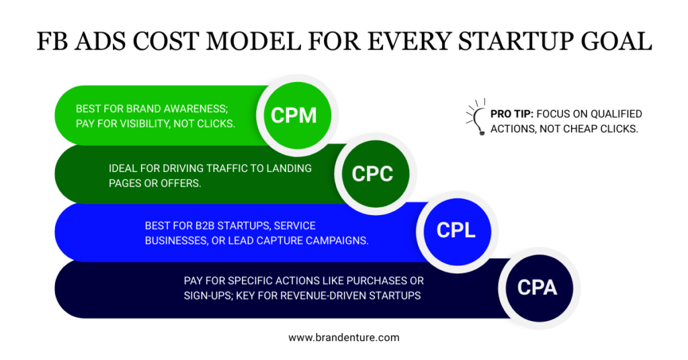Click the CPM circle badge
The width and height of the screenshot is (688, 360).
(294, 115)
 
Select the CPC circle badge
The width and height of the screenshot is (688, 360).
(372, 173)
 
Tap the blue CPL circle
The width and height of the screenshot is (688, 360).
(456, 230)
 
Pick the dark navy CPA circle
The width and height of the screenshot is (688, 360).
(537, 287)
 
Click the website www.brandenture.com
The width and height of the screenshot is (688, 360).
(343, 338)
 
